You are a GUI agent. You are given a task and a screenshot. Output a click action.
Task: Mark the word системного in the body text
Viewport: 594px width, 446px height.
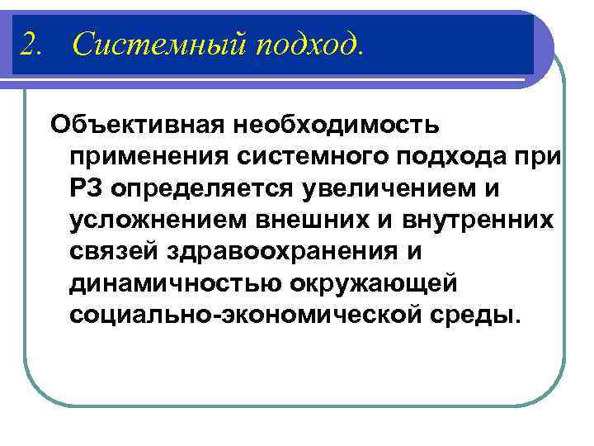(318, 157)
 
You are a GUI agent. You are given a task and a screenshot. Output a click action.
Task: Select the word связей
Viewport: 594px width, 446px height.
(112, 251)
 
